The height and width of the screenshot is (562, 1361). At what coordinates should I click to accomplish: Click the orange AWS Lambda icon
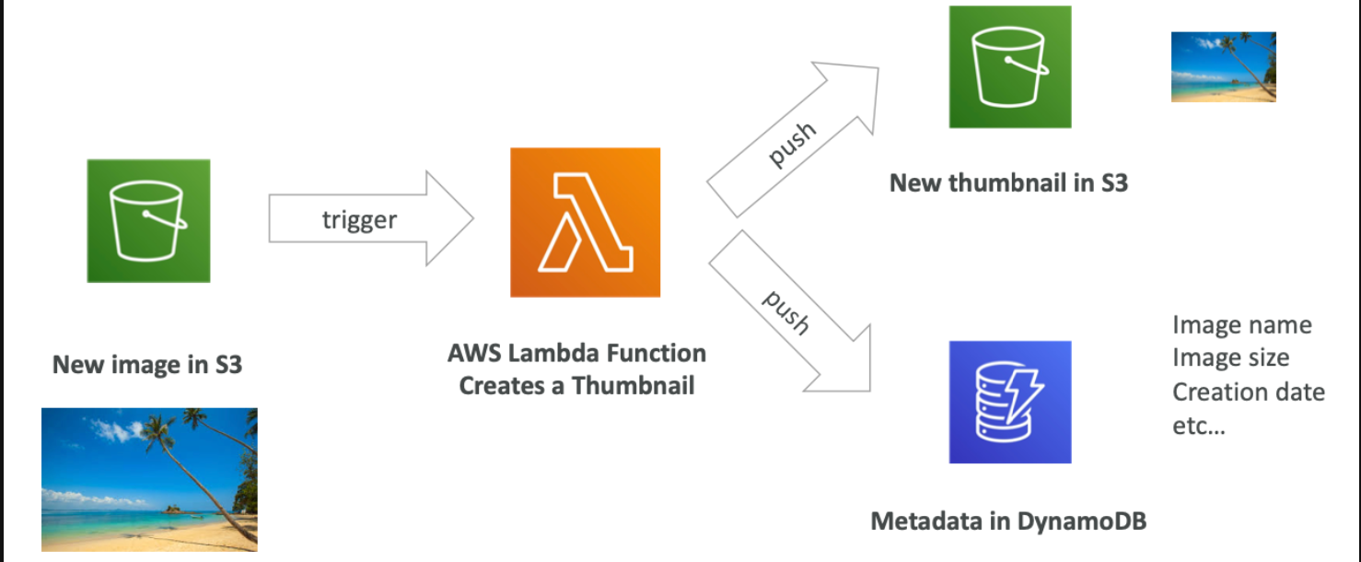585,222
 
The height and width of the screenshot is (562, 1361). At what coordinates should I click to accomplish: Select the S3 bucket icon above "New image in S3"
149,221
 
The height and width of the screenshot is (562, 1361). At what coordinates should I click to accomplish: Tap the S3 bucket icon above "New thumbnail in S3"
1010,67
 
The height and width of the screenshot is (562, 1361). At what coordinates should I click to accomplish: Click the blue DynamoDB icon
1010,402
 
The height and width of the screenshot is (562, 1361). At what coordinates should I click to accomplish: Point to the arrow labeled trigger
370,219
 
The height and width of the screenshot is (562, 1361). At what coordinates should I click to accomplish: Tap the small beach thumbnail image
1224,67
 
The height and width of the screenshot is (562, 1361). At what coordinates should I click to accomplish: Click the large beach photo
149,479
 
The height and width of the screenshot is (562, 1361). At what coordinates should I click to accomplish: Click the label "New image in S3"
147,364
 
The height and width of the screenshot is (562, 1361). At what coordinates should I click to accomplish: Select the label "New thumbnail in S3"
1008,182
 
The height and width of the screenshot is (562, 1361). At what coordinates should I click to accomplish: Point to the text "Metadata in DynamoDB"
1008,521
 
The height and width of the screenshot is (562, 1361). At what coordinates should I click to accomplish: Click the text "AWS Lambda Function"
576,353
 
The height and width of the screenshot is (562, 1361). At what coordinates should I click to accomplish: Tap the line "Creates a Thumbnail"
576,386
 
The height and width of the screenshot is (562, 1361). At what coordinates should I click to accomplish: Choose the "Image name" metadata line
1242,325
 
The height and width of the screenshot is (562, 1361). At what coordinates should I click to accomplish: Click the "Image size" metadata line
1231,358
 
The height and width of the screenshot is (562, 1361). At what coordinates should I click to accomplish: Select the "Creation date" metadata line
1249,392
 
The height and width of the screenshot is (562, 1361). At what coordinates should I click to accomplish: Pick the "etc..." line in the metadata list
1199,426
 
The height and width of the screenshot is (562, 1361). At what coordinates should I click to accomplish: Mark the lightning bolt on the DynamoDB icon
1024,395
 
